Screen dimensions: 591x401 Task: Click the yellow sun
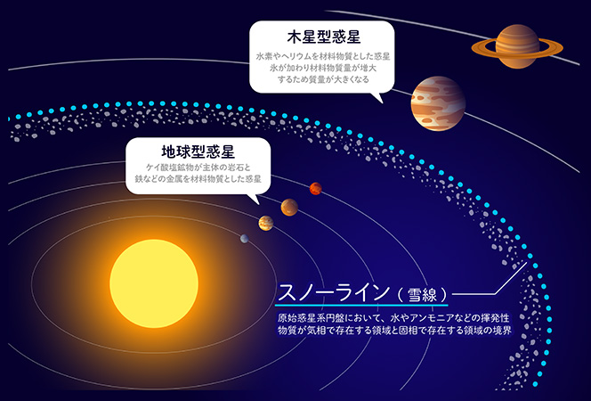[154, 283]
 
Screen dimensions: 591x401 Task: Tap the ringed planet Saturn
[517, 46]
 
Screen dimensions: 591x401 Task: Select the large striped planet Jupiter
[438, 103]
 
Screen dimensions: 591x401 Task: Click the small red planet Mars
[315, 188]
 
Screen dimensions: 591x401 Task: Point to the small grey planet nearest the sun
[244, 239]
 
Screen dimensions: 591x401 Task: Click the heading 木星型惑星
[324, 37]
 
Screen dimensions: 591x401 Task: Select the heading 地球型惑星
[198, 151]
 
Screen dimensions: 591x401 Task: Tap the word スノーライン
[334, 292]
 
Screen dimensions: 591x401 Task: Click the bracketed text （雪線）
[422, 294]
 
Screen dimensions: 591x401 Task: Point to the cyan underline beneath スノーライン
[362, 305]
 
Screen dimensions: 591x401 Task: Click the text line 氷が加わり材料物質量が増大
[323, 69]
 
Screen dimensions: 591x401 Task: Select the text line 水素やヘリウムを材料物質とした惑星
[323, 56]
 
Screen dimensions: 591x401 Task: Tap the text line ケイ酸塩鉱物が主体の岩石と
[198, 168]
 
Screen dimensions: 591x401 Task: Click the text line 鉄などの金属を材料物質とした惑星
[198, 179]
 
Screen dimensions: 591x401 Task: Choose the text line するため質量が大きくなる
[323, 79]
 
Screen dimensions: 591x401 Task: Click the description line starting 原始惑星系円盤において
[393, 317]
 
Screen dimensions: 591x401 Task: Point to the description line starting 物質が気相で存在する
[394, 331]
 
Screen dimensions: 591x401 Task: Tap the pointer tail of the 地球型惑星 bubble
[254, 199]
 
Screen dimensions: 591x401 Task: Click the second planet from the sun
[266, 223]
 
